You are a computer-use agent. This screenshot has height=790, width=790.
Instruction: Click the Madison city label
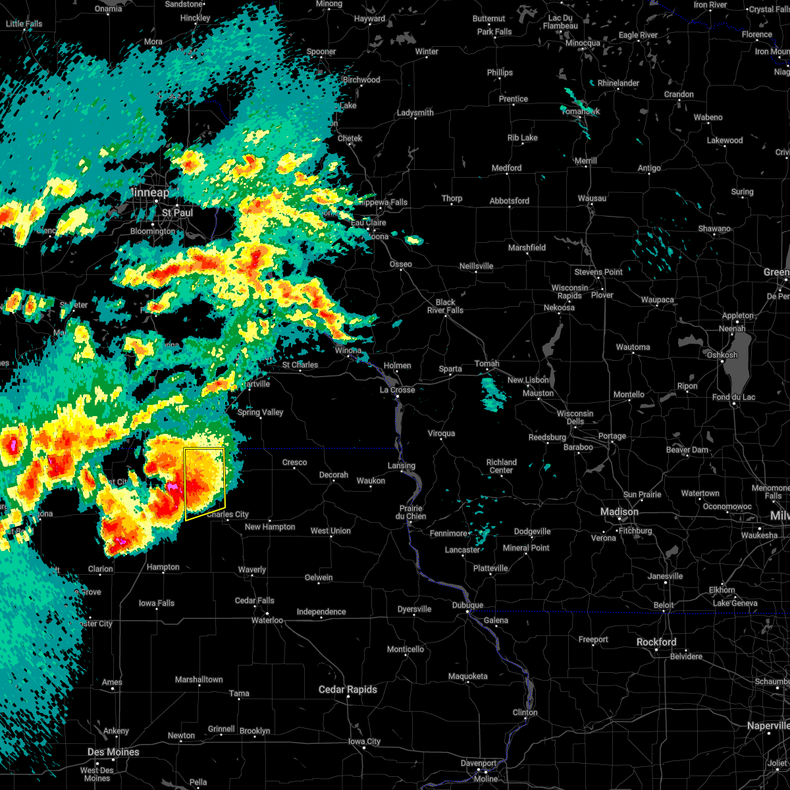[x=619, y=512]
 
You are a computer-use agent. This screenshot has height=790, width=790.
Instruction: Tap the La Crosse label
[x=398, y=390]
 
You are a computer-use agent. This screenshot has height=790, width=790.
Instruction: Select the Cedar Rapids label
[x=348, y=689]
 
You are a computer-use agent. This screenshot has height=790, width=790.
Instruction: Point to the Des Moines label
[x=113, y=752]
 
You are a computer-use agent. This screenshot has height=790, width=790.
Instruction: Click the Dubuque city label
[x=467, y=605]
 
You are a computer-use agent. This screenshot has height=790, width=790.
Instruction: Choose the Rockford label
[x=656, y=642]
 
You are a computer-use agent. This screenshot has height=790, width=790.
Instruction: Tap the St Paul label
[x=177, y=213]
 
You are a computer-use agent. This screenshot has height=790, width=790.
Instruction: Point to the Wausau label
[x=592, y=198]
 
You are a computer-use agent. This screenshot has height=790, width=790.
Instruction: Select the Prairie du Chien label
[x=411, y=512]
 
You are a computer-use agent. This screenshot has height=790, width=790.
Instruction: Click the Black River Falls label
[x=445, y=306]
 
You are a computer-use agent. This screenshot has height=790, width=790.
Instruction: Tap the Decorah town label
[x=334, y=475]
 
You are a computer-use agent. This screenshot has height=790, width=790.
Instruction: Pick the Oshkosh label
[x=722, y=355]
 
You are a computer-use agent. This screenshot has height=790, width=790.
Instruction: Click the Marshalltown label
[x=199, y=679]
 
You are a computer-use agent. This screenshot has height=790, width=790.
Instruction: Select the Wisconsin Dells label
[x=575, y=417]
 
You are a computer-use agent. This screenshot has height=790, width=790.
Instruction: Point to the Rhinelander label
[x=618, y=83]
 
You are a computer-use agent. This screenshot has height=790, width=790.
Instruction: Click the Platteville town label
[x=490, y=568]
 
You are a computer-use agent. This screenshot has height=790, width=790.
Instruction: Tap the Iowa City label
[x=364, y=741]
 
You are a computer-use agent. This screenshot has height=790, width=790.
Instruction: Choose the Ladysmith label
[x=415, y=113]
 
